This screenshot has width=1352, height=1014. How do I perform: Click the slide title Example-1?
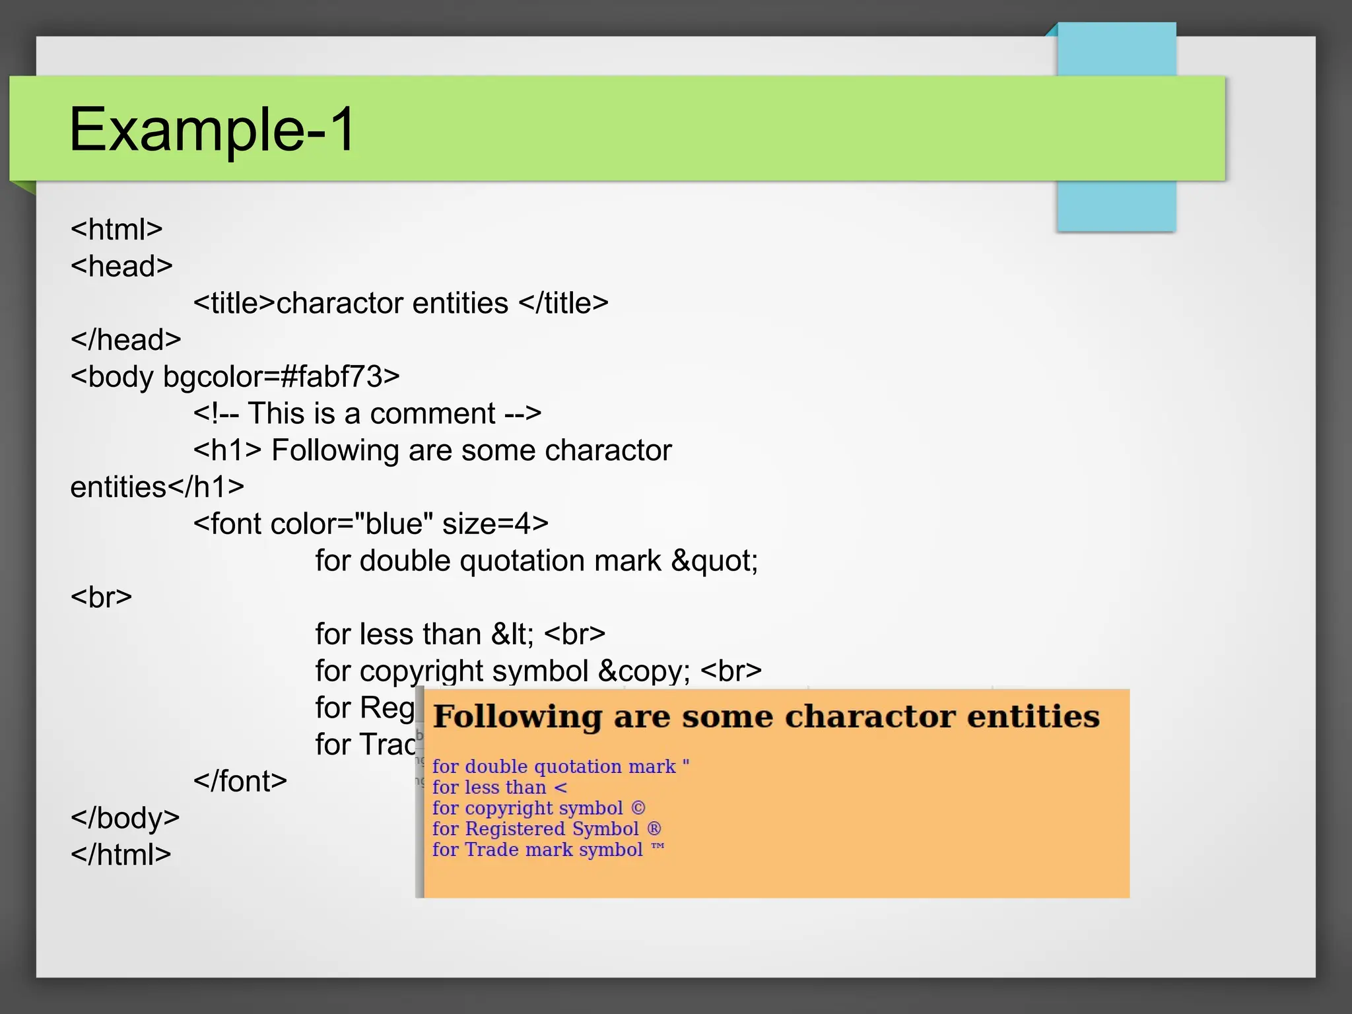pos(212,129)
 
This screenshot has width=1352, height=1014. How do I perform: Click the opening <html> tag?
pos(116,230)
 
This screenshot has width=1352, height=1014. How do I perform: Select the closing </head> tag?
pos(125,340)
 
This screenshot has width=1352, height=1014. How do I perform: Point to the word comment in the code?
pos(432,414)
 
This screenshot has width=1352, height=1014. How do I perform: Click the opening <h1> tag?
pos(227,451)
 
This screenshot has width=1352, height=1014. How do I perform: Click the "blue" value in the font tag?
pos(393,524)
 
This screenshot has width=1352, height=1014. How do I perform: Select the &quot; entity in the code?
pos(714,561)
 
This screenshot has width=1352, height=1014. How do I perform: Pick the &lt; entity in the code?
pos(512,634)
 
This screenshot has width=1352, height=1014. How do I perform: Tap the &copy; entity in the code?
pos(644,671)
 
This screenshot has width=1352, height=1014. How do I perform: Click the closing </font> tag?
pos(240,782)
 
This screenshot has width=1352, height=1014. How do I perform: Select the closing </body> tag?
pos(125,819)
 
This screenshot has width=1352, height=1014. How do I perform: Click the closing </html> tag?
pos(121,855)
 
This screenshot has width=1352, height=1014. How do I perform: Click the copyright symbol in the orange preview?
pos(638,808)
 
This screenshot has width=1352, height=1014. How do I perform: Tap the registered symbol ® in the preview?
pos(654,829)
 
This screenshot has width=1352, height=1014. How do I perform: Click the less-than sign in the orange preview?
pos(560,788)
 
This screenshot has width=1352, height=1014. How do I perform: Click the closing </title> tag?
pos(563,304)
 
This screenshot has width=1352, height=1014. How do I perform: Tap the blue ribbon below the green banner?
pos(1116,206)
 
